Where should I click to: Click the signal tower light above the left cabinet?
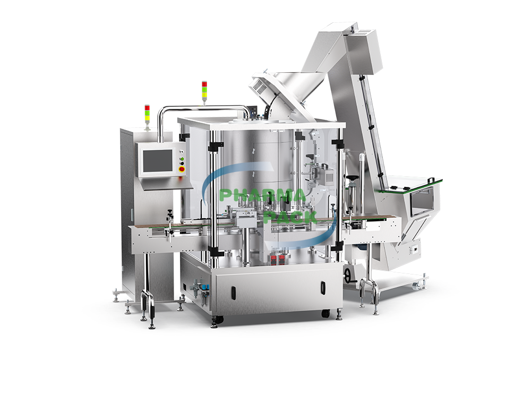(x=147, y=113)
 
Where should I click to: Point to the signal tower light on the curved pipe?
(x=204, y=90)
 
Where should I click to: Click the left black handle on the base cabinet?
(x=232, y=291)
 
